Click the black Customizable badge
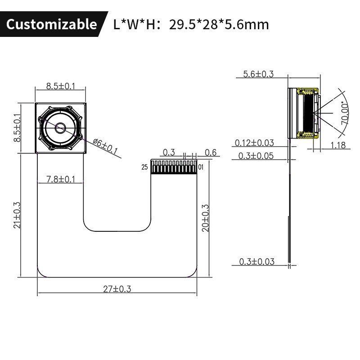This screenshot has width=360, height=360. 51,24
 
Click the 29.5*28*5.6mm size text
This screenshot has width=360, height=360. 219,24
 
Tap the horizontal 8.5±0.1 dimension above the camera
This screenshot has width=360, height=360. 60,86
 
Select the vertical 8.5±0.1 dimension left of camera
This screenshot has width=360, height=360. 18,128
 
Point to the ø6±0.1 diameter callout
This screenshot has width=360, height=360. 105,147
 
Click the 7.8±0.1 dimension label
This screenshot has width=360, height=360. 61,180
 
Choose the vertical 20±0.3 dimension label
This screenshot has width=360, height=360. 206,218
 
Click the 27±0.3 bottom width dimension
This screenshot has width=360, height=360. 117,289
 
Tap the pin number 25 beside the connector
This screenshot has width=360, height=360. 144,167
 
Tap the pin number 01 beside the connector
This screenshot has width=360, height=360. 201,167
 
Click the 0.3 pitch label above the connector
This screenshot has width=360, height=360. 169,153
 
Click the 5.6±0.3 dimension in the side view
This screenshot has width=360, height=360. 258,74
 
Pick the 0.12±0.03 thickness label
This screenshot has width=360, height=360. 254,143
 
